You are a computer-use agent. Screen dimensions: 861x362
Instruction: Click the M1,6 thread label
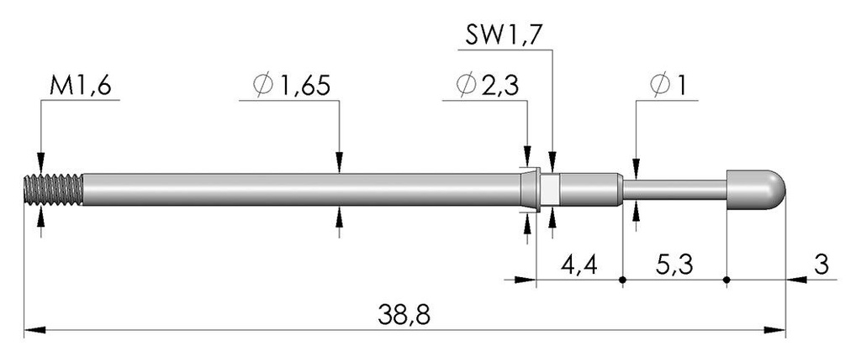coord(80,87)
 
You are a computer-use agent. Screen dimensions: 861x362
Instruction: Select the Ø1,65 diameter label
coord(292,87)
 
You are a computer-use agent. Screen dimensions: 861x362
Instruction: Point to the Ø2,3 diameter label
coord(487,87)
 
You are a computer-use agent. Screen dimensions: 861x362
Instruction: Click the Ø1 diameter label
coord(667,87)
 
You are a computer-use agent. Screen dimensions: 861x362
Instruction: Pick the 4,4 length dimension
coord(578,265)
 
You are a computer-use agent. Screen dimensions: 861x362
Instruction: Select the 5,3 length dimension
coord(674,265)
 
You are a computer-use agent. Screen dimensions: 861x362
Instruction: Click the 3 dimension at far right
coord(821,265)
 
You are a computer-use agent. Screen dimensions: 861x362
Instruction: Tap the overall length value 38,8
coord(404,315)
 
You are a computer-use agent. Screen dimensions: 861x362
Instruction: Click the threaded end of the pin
coord(54,190)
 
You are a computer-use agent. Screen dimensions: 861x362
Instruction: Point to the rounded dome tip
coord(757,190)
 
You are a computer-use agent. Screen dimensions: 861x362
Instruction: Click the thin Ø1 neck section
coord(675,190)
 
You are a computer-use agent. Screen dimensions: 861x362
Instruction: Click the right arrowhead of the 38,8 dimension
coord(774,330)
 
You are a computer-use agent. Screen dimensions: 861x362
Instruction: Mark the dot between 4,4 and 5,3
coord(622,281)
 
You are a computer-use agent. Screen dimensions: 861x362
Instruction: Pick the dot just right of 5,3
coord(726,281)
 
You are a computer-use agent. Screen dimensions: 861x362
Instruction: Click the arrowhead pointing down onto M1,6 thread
coord(41,164)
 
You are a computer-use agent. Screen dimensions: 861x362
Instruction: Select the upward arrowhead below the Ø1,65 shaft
coord(340,216)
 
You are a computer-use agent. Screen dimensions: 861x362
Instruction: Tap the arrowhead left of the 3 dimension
coord(797,281)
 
